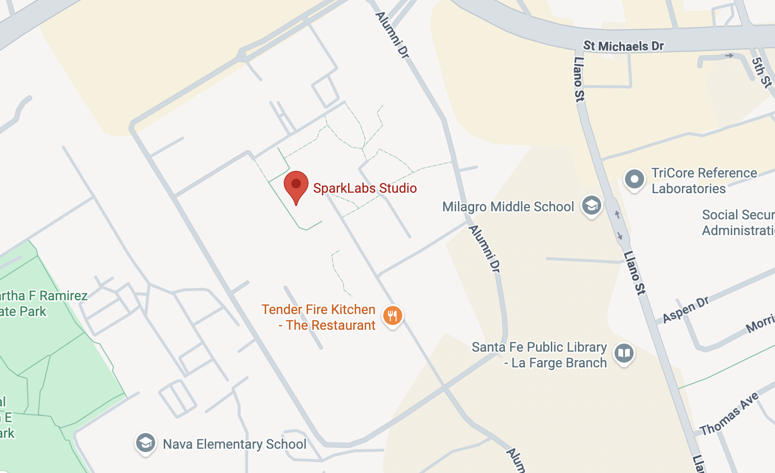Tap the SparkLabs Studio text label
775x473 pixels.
pyautogui.click(x=365, y=188)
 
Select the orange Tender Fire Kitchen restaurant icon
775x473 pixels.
pyautogui.click(x=392, y=315)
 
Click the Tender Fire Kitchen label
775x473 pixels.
pyautogui.click(x=318, y=317)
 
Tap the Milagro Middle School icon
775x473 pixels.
pyautogui.click(x=592, y=206)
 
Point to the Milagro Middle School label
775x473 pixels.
pyautogui.click(x=508, y=207)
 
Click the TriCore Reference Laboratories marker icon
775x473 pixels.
pyautogui.click(x=634, y=179)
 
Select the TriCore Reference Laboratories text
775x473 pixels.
pyautogui.click(x=704, y=181)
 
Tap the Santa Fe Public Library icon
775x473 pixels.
pyautogui.click(x=624, y=353)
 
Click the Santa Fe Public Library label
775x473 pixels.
pyautogui.click(x=539, y=355)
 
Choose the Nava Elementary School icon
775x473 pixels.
pyautogui.click(x=145, y=443)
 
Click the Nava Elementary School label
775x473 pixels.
pyautogui.click(x=235, y=444)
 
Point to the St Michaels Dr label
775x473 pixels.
pyautogui.click(x=624, y=46)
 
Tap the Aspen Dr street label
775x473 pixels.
pyautogui.click(x=686, y=310)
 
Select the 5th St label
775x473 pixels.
pyautogui.click(x=762, y=72)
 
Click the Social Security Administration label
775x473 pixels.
pyautogui.click(x=738, y=223)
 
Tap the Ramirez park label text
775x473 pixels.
pyautogui.click(x=43, y=304)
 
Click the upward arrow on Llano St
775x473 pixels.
pyautogui.click(x=617, y=215)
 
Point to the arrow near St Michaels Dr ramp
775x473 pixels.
pyautogui.click(x=729, y=56)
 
